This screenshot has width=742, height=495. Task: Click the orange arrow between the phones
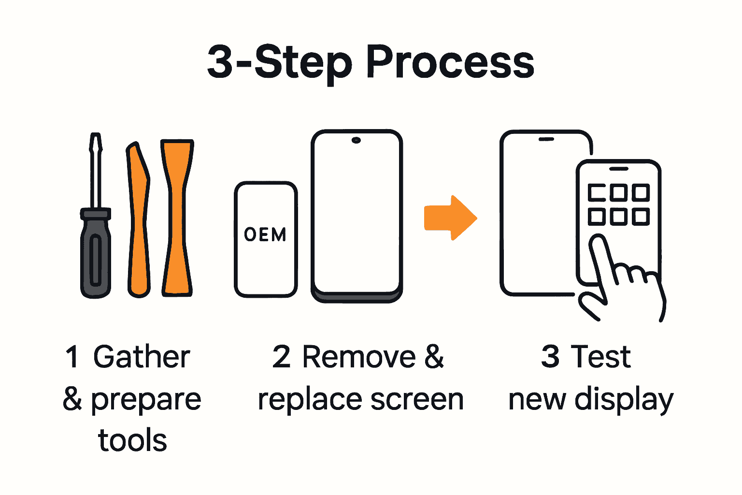click(x=450, y=218)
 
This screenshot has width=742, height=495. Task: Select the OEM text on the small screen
click(x=265, y=235)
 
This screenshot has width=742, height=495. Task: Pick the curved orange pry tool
click(x=138, y=218)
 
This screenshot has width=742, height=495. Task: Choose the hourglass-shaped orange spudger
click(x=177, y=218)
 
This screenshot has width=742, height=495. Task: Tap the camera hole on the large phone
click(x=357, y=141)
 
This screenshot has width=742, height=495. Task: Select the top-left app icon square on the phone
click(x=597, y=193)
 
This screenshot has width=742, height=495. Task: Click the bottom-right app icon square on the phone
click(x=640, y=217)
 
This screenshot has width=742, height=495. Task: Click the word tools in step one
click(x=132, y=440)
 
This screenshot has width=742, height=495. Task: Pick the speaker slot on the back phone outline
click(x=546, y=139)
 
